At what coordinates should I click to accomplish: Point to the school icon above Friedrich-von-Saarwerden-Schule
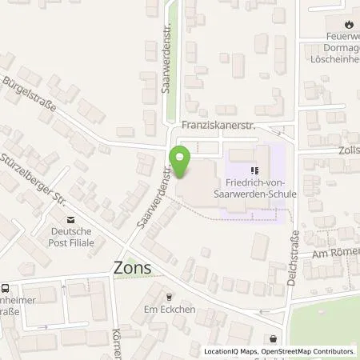[x=255, y=170]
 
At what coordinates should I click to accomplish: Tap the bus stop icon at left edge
[x=5, y=288]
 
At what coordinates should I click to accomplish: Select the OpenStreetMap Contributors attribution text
[x=308, y=351]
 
